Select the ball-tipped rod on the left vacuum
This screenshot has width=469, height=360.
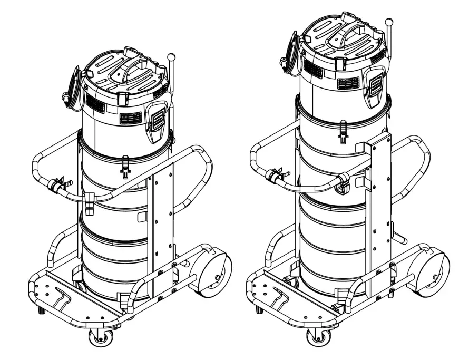click(x=171, y=56)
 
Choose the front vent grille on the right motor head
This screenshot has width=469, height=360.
click(x=348, y=83)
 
